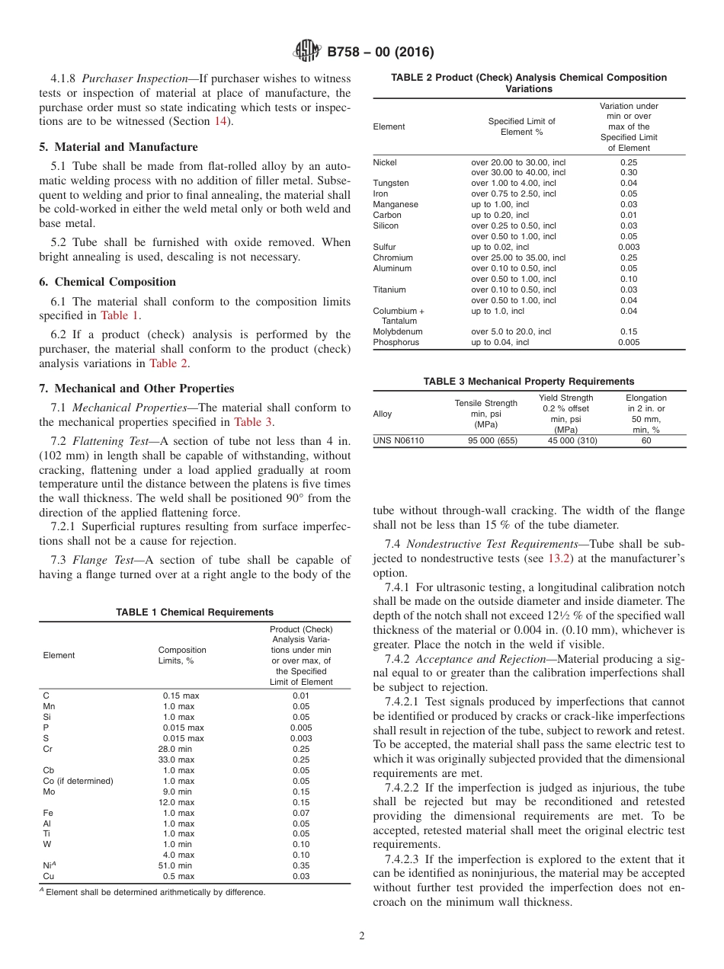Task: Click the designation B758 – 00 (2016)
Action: coord(380,53)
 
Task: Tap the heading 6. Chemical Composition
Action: coord(107,282)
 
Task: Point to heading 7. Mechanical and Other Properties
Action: coord(136,389)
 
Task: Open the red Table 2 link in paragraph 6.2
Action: coord(168,363)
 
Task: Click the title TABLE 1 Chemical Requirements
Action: coord(194,612)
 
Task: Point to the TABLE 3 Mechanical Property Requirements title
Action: coord(529,381)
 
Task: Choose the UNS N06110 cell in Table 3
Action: coord(398,440)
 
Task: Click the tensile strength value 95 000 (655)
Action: coord(485,440)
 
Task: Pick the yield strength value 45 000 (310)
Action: coord(572,440)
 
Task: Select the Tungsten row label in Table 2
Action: coord(390,184)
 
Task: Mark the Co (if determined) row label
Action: coord(78,781)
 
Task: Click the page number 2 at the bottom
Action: coord(362,936)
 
